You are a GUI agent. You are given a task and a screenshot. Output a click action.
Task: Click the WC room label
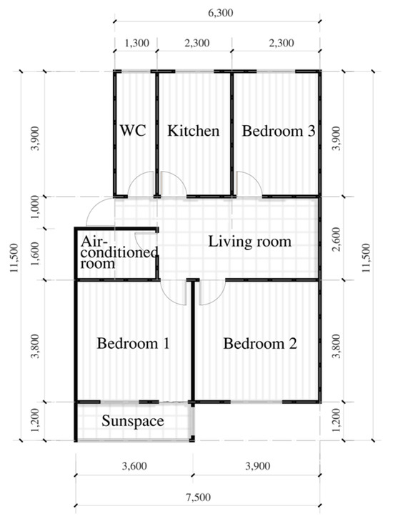point(133,130)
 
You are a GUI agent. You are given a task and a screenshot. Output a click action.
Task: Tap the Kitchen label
point(194,131)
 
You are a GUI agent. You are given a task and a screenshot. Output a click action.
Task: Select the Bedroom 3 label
point(279,131)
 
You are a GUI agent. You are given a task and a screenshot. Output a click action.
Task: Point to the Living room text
point(250,242)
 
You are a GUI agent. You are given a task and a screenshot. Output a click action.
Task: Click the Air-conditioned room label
point(119,252)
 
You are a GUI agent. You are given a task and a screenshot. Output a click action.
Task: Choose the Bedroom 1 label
point(133,343)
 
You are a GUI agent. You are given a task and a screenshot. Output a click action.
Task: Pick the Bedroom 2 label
point(260,343)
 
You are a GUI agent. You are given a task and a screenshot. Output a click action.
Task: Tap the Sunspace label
point(133,421)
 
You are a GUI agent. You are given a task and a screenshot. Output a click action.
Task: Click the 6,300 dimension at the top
point(220,13)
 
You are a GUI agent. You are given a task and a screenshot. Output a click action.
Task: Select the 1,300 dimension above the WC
point(136,43)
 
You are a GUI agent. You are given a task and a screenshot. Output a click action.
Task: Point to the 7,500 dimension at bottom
point(198,498)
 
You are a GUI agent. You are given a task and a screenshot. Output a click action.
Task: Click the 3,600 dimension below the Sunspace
point(134,466)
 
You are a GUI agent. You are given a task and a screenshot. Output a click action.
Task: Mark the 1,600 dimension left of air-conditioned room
point(36,254)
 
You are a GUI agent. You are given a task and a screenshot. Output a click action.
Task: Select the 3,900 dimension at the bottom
point(258,466)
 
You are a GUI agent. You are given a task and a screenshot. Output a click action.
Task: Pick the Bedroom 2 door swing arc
point(218,299)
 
